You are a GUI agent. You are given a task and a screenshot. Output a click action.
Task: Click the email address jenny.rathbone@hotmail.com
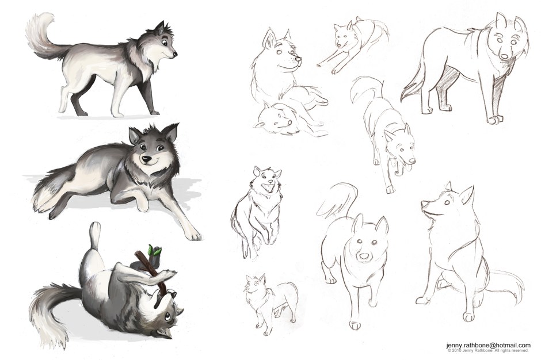pos(488,345)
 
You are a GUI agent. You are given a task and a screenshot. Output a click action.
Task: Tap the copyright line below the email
pos(488,350)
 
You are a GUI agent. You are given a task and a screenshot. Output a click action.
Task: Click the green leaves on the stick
pos(154,250)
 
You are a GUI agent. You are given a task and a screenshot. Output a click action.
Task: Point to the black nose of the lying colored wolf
pos(146,159)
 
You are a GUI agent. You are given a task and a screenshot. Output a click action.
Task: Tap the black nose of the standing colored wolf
pos(175,54)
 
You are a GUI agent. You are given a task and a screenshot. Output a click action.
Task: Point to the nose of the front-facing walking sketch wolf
pos(364,256)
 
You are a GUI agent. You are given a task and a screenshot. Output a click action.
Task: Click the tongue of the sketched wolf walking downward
pos(408,167)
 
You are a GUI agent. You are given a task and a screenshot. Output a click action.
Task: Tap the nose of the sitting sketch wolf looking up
pos(422,204)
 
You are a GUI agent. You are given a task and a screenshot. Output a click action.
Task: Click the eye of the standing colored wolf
pos(165,42)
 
